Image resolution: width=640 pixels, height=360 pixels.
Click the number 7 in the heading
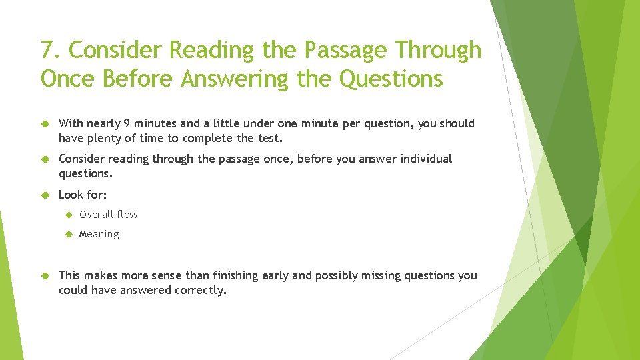[47, 51]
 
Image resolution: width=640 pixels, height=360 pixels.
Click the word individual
[426, 159]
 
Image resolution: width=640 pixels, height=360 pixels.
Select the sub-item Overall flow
[109, 214]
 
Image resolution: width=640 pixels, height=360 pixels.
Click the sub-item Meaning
[99, 234]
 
